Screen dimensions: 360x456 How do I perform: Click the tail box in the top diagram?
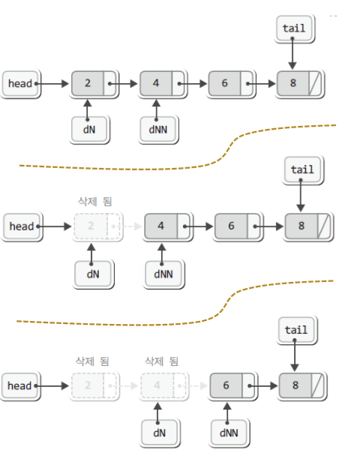click(x=294, y=28)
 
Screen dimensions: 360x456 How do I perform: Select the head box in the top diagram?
click(x=21, y=84)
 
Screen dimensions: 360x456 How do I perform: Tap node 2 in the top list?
click(x=94, y=84)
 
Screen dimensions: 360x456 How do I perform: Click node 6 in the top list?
click(x=232, y=84)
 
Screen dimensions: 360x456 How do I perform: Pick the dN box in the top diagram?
click(x=89, y=130)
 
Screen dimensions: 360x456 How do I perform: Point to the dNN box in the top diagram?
click(x=158, y=130)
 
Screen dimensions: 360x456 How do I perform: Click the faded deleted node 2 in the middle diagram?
click(x=97, y=226)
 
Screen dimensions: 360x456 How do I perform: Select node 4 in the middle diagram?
click(x=168, y=226)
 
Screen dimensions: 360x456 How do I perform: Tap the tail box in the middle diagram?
click(x=303, y=169)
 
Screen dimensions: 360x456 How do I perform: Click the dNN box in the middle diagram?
click(x=163, y=274)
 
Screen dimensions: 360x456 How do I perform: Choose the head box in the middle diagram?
click(x=22, y=226)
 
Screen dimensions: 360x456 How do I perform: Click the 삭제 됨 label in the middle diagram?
click(x=95, y=201)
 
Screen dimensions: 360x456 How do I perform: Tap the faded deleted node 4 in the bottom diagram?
click(x=164, y=386)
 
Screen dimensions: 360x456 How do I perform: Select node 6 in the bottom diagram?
click(x=233, y=386)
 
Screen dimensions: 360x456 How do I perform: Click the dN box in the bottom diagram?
click(x=160, y=433)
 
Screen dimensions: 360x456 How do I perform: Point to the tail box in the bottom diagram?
click(x=297, y=330)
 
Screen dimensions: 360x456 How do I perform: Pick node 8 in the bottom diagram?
click(x=303, y=386)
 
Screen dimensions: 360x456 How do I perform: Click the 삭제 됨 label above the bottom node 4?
click(x=162, y=361)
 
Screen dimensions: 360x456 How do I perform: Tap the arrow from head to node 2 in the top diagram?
click(x=52, y=84)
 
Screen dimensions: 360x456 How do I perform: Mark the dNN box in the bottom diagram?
click(x=229, y=433)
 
